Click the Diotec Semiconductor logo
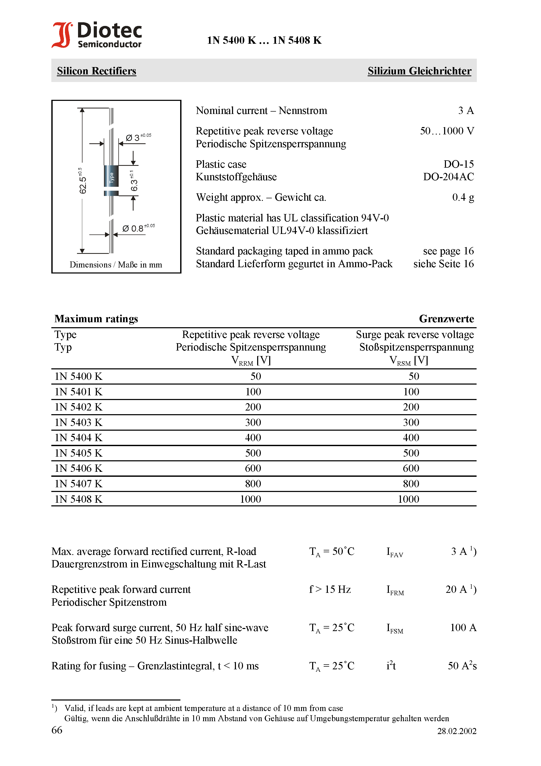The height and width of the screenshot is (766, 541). point(97,35)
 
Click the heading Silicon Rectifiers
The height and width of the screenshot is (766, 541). point(96,71)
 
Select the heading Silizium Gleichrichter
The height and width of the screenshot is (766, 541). point(419,71)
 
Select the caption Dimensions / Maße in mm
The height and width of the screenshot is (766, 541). point(116,265)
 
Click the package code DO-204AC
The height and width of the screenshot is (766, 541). point(448,177)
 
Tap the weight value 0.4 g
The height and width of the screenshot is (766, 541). point(463,198)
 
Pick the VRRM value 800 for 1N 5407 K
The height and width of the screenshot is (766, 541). point(253,484)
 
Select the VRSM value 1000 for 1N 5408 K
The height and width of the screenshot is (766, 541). point(408,499)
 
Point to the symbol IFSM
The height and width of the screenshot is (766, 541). point(395,628)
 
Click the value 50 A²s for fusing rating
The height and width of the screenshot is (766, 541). point(462,666)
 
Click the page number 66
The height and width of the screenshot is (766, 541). point(57,730)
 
